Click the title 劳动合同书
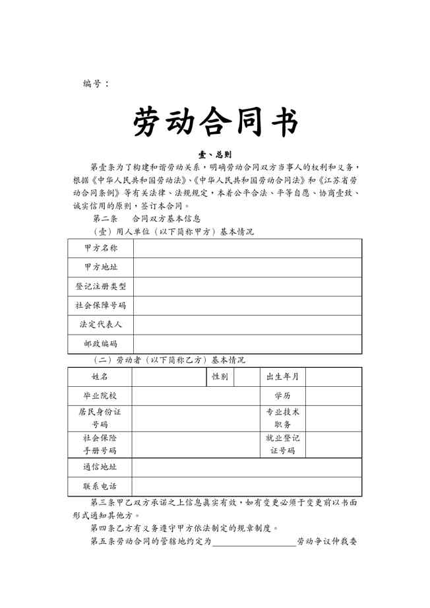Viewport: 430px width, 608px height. [215, 121]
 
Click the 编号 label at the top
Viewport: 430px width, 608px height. [96, 83]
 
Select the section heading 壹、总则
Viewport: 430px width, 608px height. [215, 154]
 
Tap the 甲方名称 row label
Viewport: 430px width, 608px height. [101, 248]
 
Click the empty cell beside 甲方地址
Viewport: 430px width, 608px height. [247, 267]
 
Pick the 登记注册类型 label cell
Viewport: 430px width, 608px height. [101, 287]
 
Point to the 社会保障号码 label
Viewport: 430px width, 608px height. [101, 306]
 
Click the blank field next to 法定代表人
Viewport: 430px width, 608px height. [247, 325]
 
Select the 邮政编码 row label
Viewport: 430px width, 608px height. [101, 344]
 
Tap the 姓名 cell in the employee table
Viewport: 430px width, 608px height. [100, 376]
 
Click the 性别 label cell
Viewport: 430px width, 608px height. [220, 376]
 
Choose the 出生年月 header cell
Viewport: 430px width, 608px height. [282, 376]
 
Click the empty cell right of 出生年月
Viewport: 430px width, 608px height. [333, 376]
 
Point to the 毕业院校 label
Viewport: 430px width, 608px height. [100, 395]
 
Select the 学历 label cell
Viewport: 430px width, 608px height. [282, 395]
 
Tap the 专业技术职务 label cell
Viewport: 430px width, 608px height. [282, 418]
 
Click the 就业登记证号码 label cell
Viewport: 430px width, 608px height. [282, 444]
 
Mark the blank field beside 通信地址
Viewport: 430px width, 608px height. [246, 467]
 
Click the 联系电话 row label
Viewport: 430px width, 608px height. [100, 487]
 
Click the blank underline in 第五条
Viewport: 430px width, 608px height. [254, 543]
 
